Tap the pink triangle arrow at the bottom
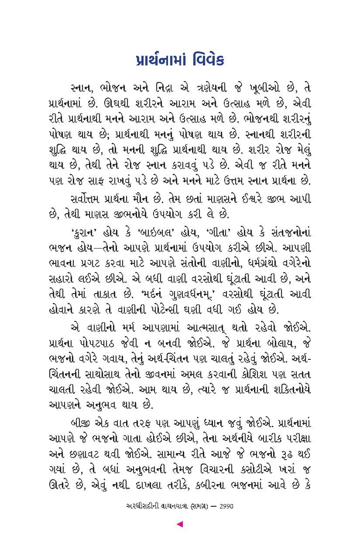[x=180, y=524]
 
